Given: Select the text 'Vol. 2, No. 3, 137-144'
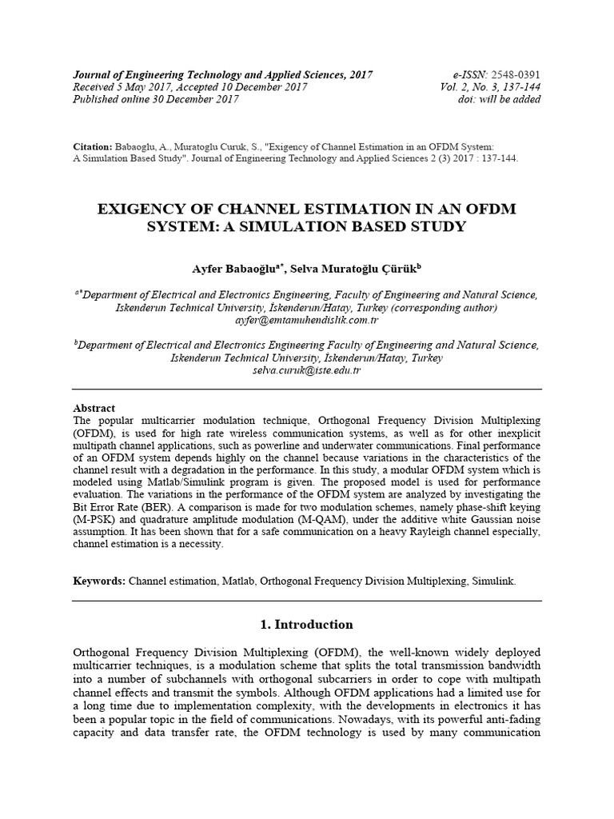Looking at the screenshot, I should coord(490,87).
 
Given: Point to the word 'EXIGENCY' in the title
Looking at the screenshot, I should coord(144,209).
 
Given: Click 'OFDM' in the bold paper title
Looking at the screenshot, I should coord(486,209).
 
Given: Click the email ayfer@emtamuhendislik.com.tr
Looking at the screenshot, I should coord(307,320).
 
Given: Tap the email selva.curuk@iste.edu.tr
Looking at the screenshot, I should coord(307,371).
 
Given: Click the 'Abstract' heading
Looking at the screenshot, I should coord(94,408).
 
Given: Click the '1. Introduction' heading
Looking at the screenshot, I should coord(307,625).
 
